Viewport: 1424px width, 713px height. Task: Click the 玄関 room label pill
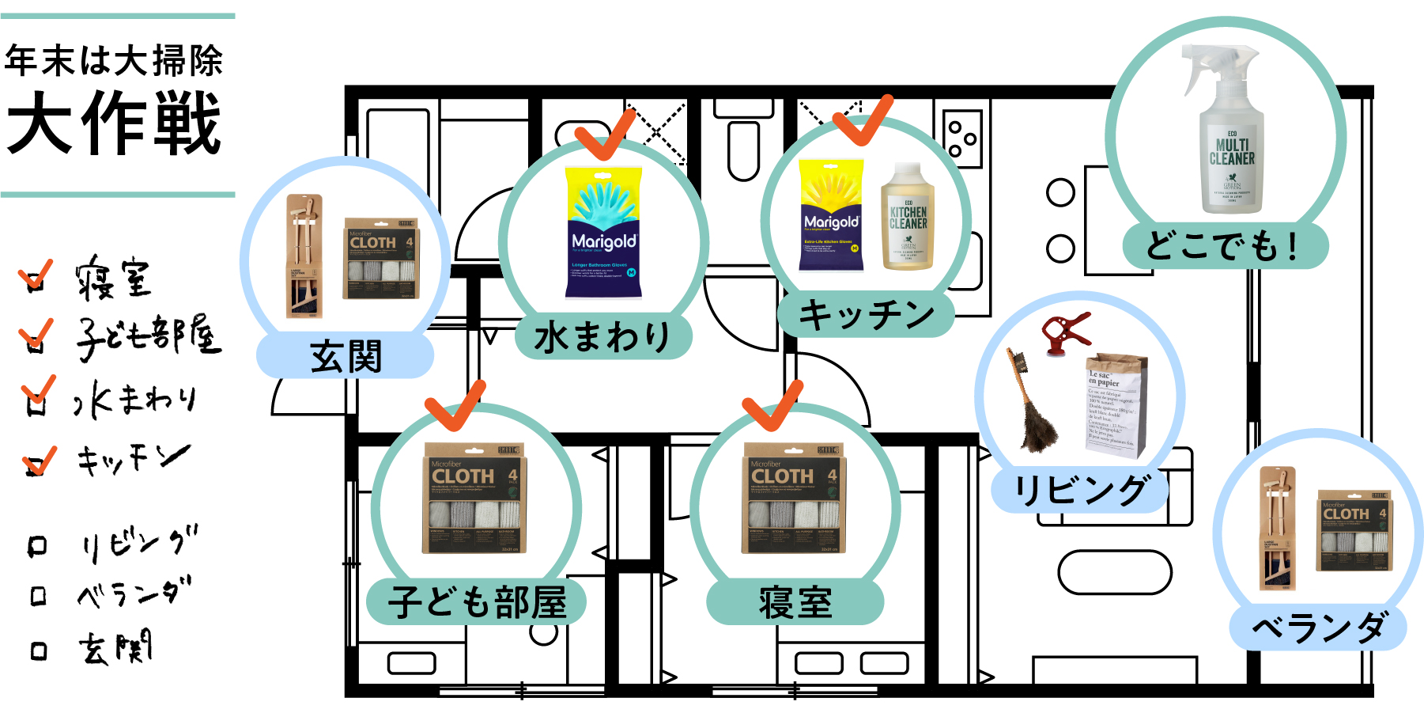pos(346,356)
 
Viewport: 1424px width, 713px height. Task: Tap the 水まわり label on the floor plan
pos(602,337)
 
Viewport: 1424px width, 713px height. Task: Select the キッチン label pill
pos(867,315)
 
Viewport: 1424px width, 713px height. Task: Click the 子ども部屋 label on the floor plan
pos(477,602)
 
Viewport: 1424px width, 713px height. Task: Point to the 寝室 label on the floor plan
pos(795,602)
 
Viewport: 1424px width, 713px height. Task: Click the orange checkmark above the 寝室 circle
pos(772,404)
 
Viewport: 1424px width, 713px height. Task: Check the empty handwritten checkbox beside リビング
pos(37,546)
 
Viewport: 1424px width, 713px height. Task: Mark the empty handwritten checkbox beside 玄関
pos(39,651)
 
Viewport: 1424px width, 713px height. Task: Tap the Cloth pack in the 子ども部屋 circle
pos(474,499)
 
